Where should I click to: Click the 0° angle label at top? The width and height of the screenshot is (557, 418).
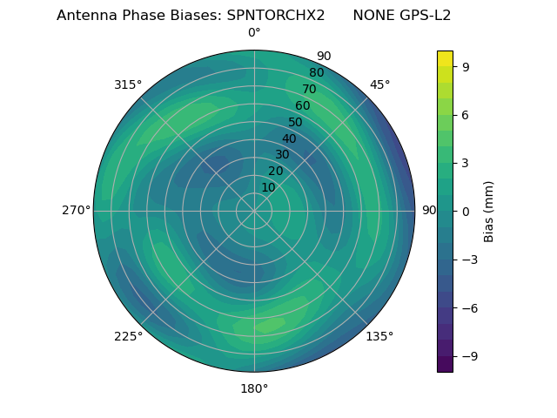(254, 33)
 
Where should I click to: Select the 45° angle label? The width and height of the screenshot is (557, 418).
(379, 84)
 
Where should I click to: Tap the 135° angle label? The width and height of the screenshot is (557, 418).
(379, 336)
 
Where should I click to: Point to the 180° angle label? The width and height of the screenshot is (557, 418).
(254, 388)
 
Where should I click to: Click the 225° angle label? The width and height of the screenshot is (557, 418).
(128, 336)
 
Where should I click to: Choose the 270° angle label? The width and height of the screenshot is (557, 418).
(76, 211)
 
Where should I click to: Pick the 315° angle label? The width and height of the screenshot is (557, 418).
(128, 84)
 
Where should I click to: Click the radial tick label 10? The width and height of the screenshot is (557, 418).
(268, 187)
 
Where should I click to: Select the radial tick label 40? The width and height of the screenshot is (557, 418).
(289, 138)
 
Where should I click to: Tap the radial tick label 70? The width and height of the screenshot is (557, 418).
(309, 89)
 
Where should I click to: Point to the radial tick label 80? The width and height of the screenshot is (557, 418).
(316, 72)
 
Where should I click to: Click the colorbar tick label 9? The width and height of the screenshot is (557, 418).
(466, 66)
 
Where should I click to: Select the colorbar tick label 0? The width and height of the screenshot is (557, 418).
(466, 211)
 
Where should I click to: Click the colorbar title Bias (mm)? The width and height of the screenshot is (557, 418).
(489, 211)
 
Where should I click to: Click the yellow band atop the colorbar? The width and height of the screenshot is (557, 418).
(445, 58)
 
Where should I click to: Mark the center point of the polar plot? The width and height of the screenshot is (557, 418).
(254, 211)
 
